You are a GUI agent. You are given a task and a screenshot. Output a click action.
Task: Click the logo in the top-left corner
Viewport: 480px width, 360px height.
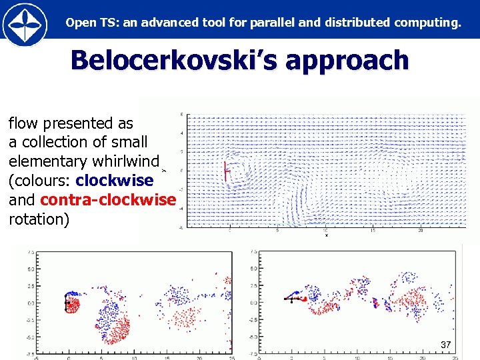(x=25, y=23)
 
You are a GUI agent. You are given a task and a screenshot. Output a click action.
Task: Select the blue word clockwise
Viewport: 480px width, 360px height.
(x=115, y=181)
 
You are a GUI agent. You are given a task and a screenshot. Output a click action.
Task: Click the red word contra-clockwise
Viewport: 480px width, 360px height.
(x=108, y=200)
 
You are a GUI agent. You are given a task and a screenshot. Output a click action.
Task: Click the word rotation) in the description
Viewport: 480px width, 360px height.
(x=39, y=219)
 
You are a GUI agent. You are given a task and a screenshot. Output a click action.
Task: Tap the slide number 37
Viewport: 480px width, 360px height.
(x=446, y=345)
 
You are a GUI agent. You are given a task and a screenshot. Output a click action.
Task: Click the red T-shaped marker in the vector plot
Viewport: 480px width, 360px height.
(x=226, y=171)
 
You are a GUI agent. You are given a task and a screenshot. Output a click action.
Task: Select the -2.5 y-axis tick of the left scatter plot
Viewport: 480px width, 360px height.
(x=30, y=320)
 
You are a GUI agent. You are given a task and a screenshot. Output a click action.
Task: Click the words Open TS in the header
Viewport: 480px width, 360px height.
(x=81, y=23)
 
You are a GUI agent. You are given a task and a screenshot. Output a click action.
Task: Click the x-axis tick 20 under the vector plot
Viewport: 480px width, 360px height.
(x=421, y=231)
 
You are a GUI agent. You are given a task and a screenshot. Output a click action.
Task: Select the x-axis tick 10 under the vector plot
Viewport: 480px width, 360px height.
(x=325, y=231)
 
